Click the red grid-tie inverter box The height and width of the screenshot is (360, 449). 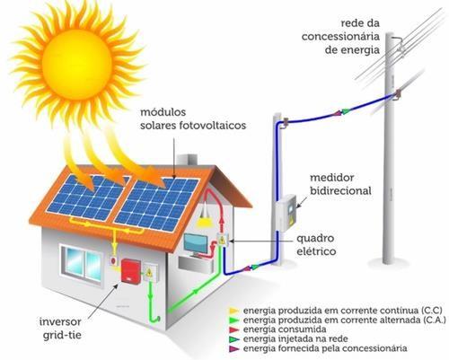point(131,271)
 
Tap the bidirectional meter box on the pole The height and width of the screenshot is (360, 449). point(286,213)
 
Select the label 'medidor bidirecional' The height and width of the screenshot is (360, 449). point(340,184)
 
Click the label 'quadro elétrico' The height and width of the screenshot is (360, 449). point(316,245)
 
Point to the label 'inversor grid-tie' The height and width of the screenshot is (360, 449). point(61,329)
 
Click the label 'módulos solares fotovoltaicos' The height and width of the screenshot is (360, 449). point(193,119)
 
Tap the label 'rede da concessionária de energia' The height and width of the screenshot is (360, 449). point(340,37)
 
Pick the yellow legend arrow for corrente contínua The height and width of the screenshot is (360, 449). point(234,311)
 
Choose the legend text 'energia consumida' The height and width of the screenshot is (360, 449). point(285,329)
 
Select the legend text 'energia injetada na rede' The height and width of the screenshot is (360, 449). point(295,338)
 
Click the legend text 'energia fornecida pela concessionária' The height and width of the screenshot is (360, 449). point(325,348)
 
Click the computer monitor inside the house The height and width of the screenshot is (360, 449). point(196,244)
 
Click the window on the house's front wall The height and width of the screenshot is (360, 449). point(82,262)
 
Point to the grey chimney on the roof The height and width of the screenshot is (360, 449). point(187,160)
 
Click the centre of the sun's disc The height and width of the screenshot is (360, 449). point(76,65)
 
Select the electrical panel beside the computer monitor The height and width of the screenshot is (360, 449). point(222,240)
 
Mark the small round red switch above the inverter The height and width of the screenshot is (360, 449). point(113,260)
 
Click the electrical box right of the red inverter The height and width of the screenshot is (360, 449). point(149,272)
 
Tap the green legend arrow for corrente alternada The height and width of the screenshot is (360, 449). point(234,320)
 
